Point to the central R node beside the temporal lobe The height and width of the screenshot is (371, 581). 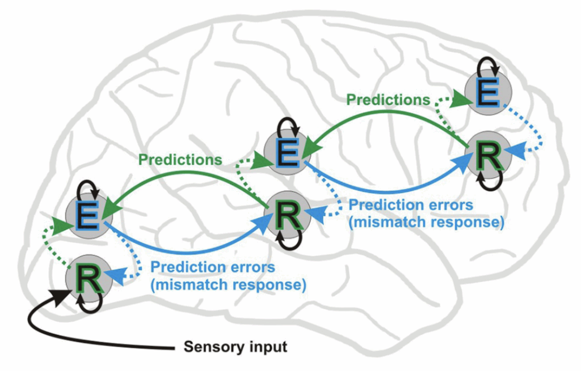click(288, 214)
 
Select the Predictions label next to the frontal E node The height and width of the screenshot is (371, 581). click(389, 100)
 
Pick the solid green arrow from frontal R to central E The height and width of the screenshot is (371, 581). click(386, 117)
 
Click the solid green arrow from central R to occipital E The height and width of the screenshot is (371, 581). click(187, 181)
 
